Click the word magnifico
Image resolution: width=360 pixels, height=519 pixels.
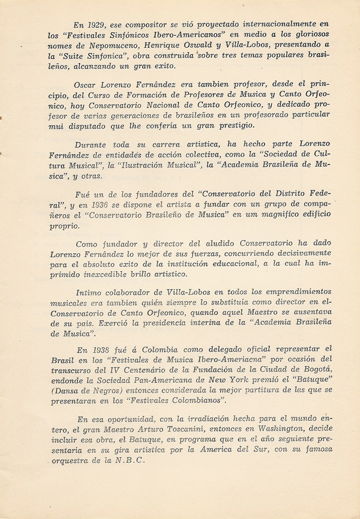(x=271, y=216)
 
